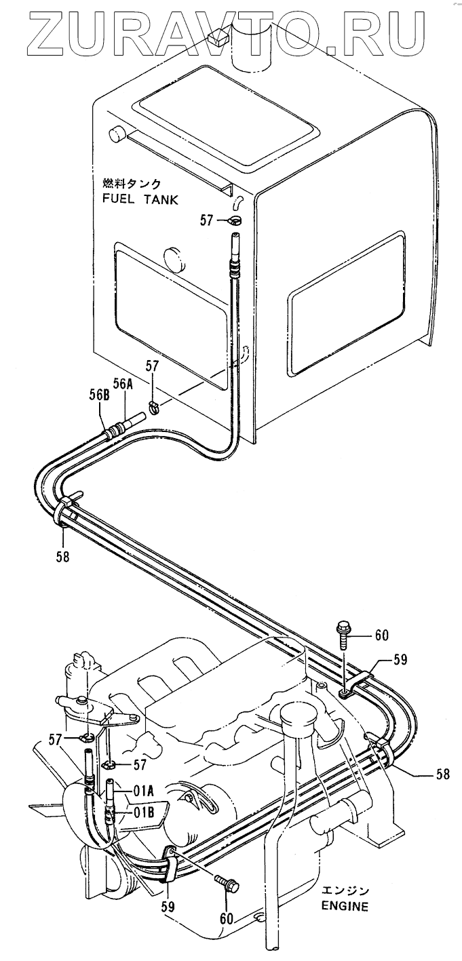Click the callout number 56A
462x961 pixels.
(123, 384)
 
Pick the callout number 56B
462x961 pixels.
(100, 394)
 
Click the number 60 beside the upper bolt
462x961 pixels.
(381, 635)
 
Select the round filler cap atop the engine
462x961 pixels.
(294, 715)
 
